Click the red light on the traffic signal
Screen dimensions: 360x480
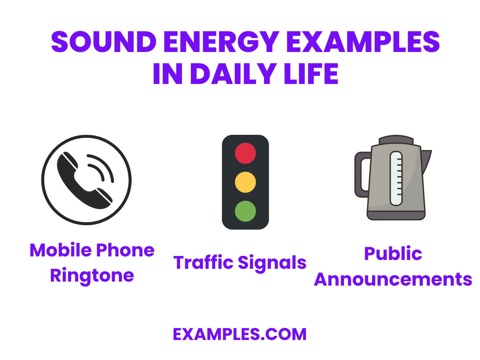[x=245, y=153]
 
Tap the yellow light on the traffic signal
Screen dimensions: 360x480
[x=245, y=182]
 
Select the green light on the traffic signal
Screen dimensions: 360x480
[x=245, y=211]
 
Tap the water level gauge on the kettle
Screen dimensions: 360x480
[x=396, y=178]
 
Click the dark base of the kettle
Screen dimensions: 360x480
[x=396, y=215]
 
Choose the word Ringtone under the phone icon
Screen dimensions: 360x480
[x=92, y=276]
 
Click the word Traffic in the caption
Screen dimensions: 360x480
[x=203, y=263]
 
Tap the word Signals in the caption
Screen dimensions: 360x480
[x=272, y=263]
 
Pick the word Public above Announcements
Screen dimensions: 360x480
[x=393, y=254]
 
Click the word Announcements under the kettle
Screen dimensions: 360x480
[x=393, y=279]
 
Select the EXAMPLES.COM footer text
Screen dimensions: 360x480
[x=240, y=334]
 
